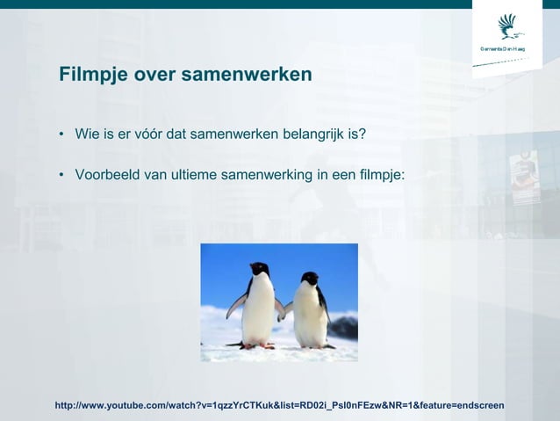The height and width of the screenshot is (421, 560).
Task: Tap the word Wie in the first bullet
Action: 87,134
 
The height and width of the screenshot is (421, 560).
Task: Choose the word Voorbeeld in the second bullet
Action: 107,174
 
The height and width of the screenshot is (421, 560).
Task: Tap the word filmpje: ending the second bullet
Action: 377,174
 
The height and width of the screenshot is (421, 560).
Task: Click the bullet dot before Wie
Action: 62,135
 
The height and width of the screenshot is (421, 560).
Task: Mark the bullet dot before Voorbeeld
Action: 62,175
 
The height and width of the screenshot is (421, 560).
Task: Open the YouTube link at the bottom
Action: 279,405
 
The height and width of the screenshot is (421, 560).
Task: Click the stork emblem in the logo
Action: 508,25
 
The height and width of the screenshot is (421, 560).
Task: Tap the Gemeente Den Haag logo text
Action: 506,47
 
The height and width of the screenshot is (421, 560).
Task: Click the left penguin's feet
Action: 257,345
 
